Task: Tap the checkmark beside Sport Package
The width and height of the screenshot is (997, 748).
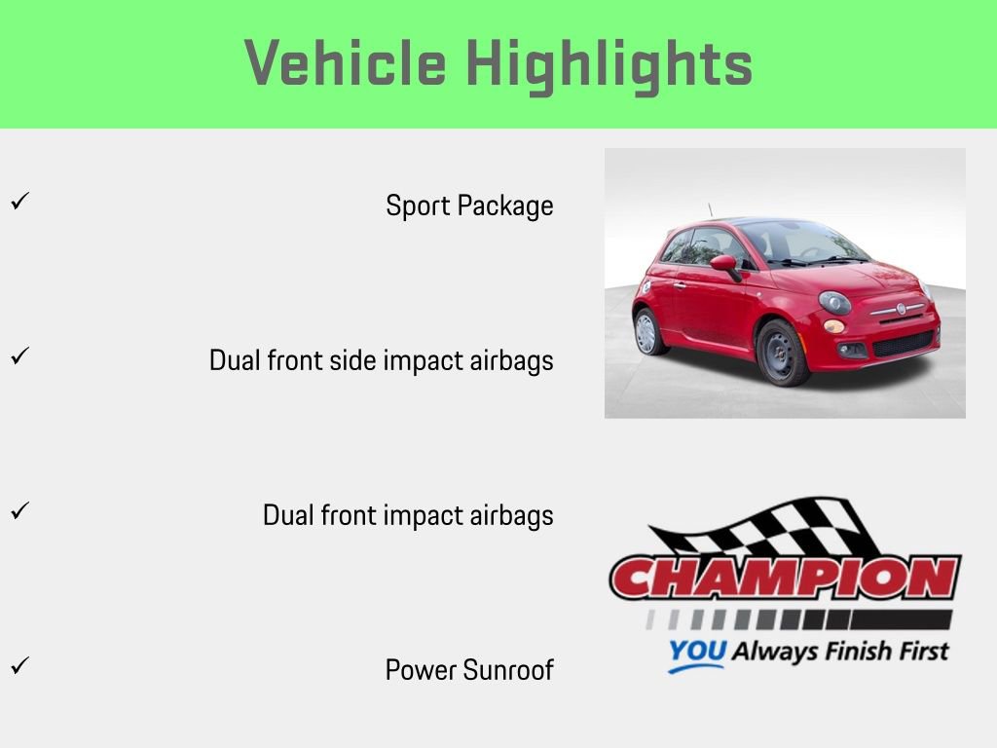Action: (x=18, y=203)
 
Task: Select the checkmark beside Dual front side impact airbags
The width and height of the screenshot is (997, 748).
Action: (x=18, y=357)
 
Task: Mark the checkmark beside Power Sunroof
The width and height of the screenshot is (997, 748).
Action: (x=18, y=667)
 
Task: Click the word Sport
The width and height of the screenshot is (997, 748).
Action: (x=417, y=206)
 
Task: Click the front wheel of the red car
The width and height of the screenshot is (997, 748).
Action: (x=783, y=353)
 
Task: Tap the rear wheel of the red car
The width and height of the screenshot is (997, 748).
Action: (x=647, y=332)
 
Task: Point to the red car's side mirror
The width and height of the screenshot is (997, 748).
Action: (x=724, y=264)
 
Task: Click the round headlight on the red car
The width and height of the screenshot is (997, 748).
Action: (x=834, y=302)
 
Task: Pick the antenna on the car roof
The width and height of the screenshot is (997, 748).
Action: (x=711, y=210)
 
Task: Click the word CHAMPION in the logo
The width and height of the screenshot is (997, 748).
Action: (x=785, y=579)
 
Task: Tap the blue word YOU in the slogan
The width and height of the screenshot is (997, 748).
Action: (x=696, y=652)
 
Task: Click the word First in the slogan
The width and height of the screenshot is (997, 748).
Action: (x=915, y=650)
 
